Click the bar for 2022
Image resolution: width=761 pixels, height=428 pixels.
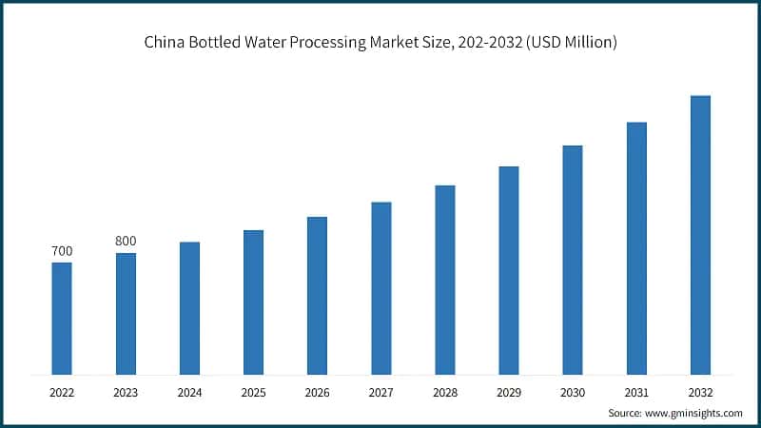click(x=62, y=318)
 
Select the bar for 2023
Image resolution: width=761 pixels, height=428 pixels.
click(x=126, y=313)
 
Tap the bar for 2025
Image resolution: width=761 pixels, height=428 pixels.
click(x=253, y=302)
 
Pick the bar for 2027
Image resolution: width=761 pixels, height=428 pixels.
click(x=380, y=287)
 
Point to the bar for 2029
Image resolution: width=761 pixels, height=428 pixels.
click(x=509, y=270)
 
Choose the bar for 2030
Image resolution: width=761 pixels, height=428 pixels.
click(x=573, y=260)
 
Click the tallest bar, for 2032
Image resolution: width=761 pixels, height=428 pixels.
click(x=700, y=235)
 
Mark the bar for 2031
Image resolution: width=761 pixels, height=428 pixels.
click(x=636, y=248)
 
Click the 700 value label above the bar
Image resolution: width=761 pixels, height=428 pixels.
click(x=62, y=251)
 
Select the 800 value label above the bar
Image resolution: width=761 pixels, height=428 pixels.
click(x=126, y=241)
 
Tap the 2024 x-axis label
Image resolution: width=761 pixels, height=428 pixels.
click(x=189, y=391)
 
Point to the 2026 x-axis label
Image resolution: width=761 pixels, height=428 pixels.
click(x=317, y=391)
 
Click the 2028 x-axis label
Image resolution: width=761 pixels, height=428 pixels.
click(x=444, y=391)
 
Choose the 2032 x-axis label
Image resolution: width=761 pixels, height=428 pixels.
click(x=700, y=391)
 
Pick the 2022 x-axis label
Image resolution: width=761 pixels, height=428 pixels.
click(x=62, y=391)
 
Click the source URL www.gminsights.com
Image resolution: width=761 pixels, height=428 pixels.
click(x=695, y=413)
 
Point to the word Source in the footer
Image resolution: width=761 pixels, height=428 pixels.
click(x=625, y=413)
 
